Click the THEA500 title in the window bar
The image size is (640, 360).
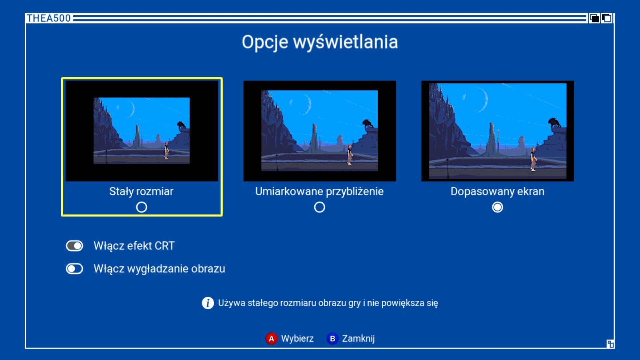pyautogui.click(x=49, y=18)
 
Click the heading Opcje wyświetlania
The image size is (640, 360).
pyautogui.click(x=320, y=42)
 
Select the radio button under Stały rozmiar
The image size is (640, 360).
pyautogui.click(x=141, y=207)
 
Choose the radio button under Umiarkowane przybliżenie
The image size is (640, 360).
pyautogui.click(x=319, y=207)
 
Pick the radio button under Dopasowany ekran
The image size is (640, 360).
pyautogui.click(x=497, y=207)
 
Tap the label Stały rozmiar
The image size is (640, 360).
pyautogui.click(x=141, y=192)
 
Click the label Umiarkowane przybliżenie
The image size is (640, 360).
pyautogui.click(x=319, y=192)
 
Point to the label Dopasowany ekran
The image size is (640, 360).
pyautogui.click(x=497, y=192)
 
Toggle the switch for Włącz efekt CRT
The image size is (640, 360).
pyautogui.click(x=74, y=246)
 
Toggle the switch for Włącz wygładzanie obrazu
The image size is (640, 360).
pyautogui.click(x=74, y=269)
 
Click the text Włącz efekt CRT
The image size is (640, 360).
pyautogui.click(x=134, y=246)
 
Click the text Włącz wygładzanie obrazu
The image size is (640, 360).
pyautogui.click(x=159, y=269)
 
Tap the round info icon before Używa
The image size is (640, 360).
pyautogui.click(x=208, y=303)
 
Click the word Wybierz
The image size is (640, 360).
pyautogui.click(x=297, y=339)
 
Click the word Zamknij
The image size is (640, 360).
pyautogui.click(x=358, y=339)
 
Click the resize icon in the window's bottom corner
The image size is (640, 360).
pyautogui.click(x=610, y=344)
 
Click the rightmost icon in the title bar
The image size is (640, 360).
pyautogui.click(x=607, y=18)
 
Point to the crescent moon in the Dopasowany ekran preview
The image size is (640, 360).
pyautogui.click(x=483, y=99)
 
